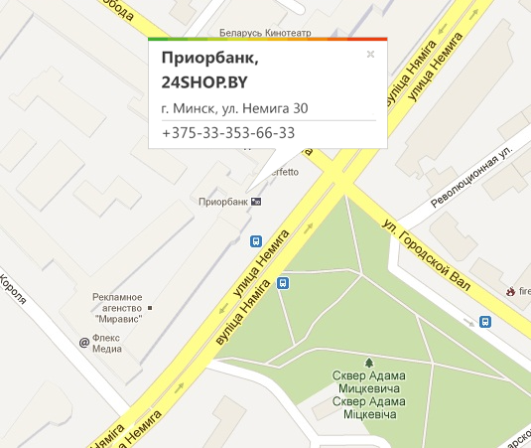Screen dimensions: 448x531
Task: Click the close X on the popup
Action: [x=370, y=55]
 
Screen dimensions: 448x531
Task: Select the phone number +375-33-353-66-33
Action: [x=227, y=133]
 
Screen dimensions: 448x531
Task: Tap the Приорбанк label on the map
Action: [x=223, y=202]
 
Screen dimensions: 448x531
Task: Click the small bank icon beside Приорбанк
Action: [x=257, y=202]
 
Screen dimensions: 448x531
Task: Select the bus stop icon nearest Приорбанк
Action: [x=256, y=241]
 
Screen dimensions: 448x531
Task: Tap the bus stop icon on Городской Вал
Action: [x=485, y=321]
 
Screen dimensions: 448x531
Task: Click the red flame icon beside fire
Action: [x=508, y=292]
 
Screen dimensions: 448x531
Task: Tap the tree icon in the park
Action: [x=369, y=364]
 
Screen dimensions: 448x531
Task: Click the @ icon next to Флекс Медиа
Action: [x=84, y=343]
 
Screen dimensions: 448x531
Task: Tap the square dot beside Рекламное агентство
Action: [x=150, y=308]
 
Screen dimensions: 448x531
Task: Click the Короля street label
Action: [x=14, y=298]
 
